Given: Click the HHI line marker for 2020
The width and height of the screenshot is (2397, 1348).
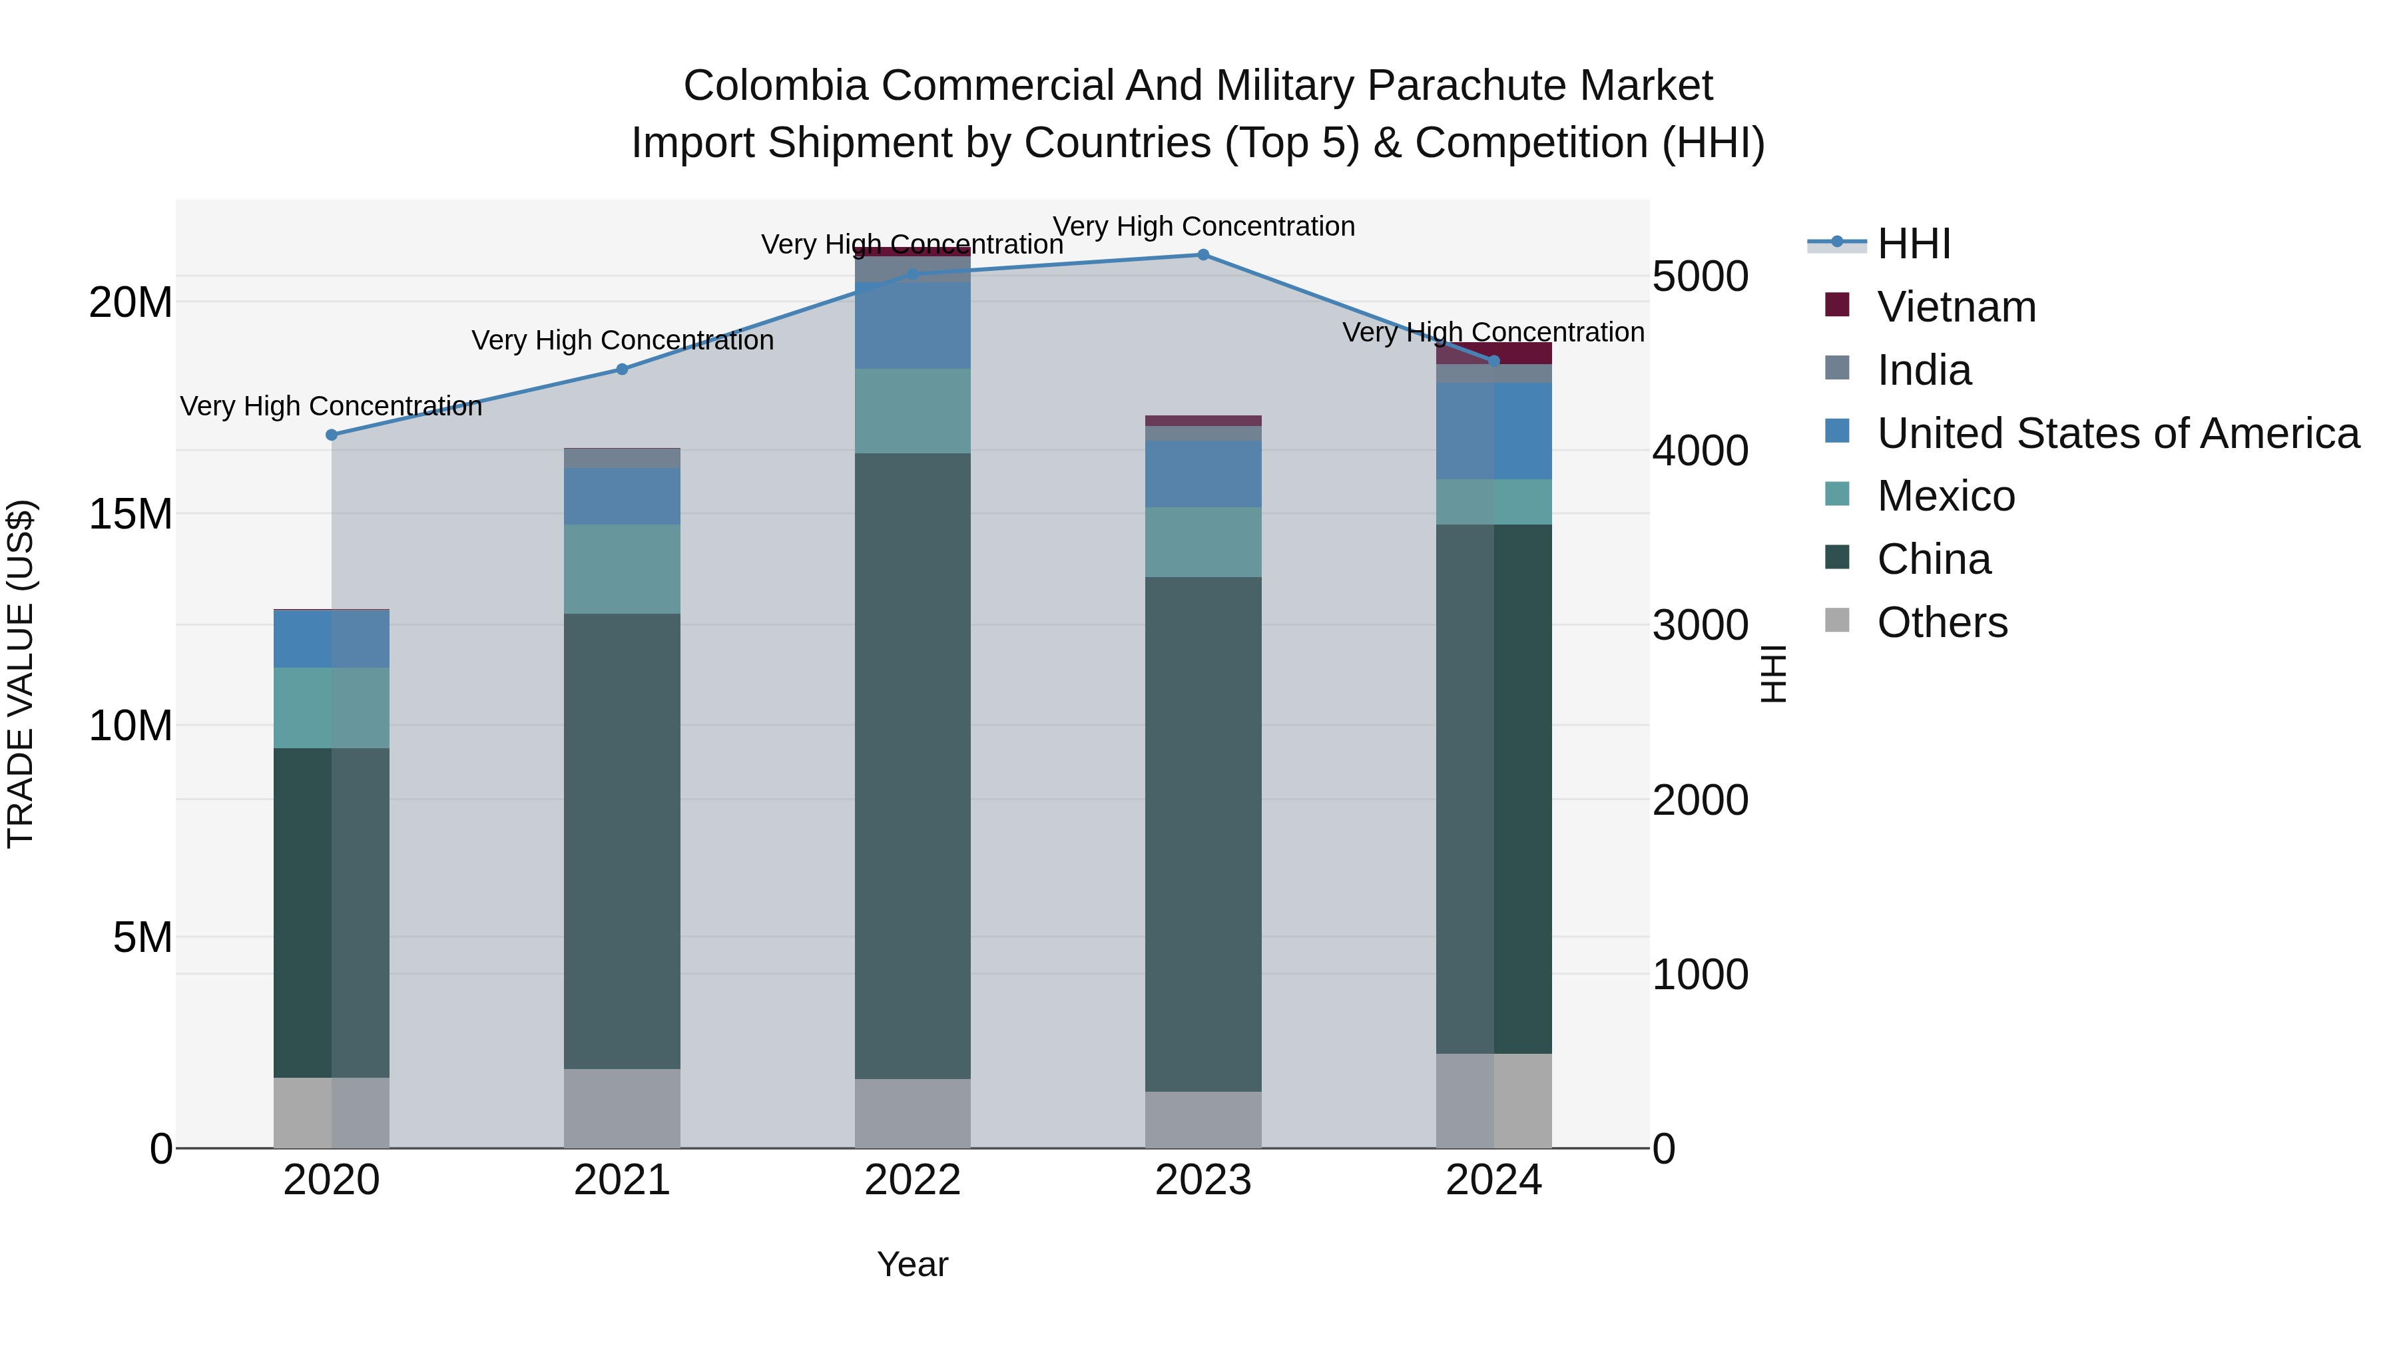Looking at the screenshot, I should click(x=332, y=435).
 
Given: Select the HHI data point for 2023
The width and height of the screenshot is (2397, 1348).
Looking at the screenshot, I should click(x=1203, y=255).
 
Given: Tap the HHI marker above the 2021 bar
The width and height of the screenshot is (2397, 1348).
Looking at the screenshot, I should click(x=623, y=369).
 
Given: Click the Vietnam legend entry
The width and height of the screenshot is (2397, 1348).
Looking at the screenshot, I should click(x=1956, y=307).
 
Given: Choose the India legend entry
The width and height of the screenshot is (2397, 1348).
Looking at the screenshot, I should click(x=1924, y=370).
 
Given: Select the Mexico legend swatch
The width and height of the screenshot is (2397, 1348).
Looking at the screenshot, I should click(x=1837, y=495).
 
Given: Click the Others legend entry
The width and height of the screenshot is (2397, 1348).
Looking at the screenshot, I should click(x=1942, y=622).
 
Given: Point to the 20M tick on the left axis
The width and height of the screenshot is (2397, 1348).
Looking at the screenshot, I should click(x=131, y=302).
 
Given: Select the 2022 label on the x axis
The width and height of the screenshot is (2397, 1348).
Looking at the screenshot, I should click(x=912, y=1180).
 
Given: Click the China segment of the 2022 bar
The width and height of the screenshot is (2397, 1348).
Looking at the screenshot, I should click(x=912, y=763).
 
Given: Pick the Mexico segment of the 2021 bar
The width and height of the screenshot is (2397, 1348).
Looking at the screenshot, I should click(x=622, y=569).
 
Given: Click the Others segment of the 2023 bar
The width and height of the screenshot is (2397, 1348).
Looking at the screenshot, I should click(x=1203, y=1120).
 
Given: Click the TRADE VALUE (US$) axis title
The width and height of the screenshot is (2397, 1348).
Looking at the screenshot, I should click(x=21, y=674).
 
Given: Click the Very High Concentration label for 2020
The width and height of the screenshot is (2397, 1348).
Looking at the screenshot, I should click(x=332, y=407).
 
